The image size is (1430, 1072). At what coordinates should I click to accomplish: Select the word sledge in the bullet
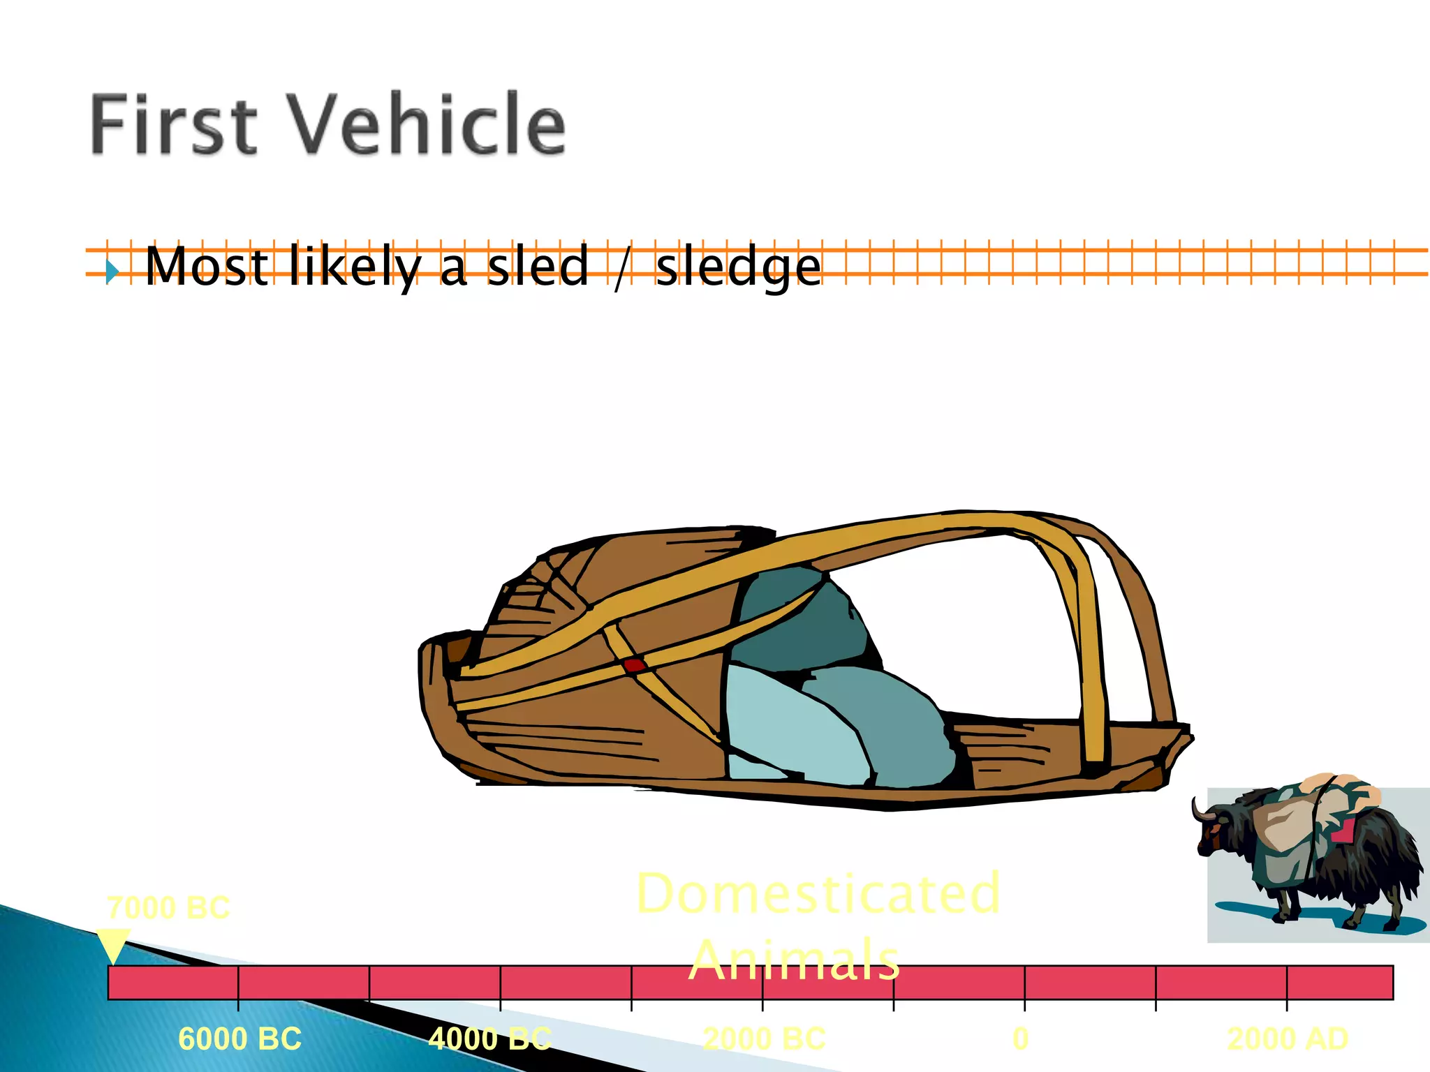pyautogui.click(x=738, y=268)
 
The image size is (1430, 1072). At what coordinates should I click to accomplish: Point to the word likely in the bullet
pyautogui.click(x=355, y=268)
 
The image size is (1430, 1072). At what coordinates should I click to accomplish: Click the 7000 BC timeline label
pyautogui.click(x=168, y=908)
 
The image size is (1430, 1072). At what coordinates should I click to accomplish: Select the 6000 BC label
pyautogui.click(x=239, y=1039)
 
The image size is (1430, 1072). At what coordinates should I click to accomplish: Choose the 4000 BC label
pyautogui.click(x=489, y=1039)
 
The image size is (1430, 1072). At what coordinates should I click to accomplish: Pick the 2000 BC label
pyautogui.click(x=764, y=1039)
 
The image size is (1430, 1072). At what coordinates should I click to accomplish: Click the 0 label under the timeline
pyautogui.click(x=1020, y=1039)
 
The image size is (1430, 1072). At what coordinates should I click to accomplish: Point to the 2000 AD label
pyautogui.click(x=1288, y=1039)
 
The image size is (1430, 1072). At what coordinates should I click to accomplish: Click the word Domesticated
pyautogui.click(x=818, y=893)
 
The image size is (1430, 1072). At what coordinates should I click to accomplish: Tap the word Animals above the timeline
pyautogui.click(x=794, y=960)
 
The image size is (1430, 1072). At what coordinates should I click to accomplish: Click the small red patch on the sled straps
pyautogui.click(x=634, y=665)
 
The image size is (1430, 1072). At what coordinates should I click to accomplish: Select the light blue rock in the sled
pyautogui.click(x=789, y=722)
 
